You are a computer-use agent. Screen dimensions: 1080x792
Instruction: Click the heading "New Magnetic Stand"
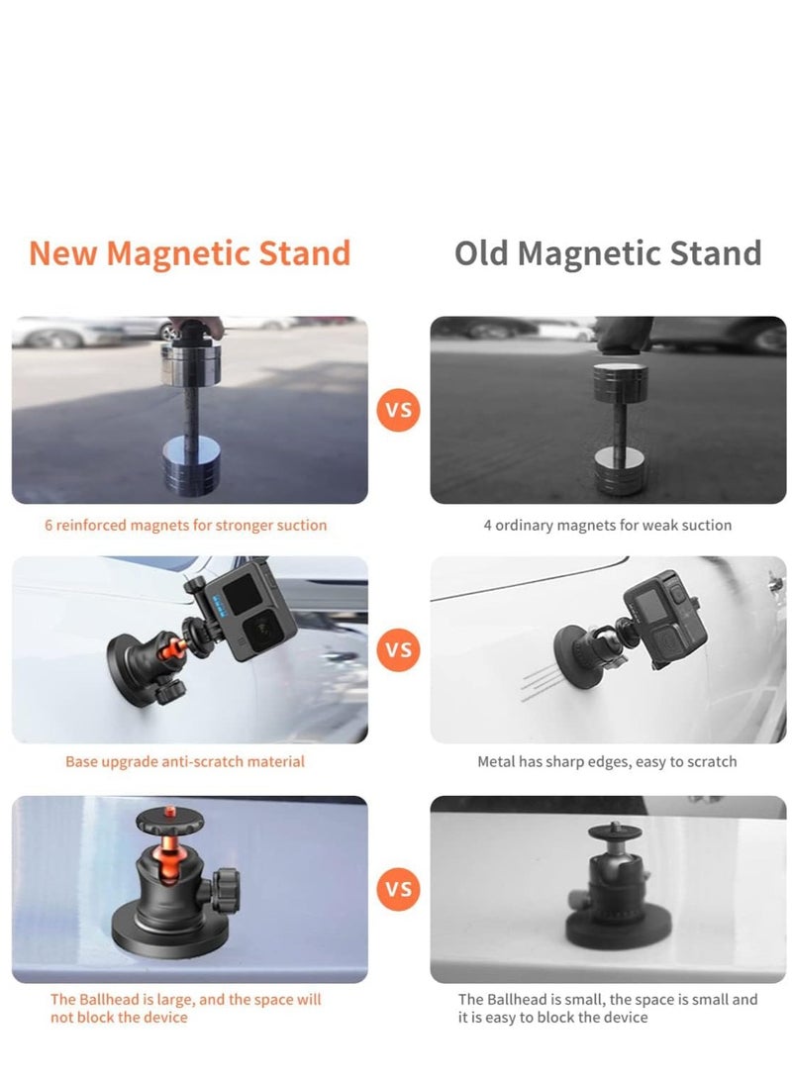(189, 253)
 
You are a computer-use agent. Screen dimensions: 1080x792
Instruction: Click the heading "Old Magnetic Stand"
(608, 253)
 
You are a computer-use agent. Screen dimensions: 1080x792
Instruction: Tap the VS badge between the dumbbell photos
(398, 410)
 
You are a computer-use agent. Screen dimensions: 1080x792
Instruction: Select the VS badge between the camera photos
(398, 649)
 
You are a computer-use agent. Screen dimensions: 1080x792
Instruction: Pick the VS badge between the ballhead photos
(398, 889)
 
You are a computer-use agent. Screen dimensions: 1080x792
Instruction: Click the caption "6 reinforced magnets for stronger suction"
(185, 525)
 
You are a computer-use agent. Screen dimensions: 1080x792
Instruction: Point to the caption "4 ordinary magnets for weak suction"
(607, 525)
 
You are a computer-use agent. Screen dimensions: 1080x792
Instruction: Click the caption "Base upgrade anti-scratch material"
(185, 761)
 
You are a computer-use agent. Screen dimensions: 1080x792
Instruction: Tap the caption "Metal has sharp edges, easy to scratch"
(607, 761)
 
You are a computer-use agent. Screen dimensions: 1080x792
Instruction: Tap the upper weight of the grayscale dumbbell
(620, 381)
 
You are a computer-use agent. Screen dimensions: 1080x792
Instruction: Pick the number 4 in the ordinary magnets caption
(487, 525)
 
